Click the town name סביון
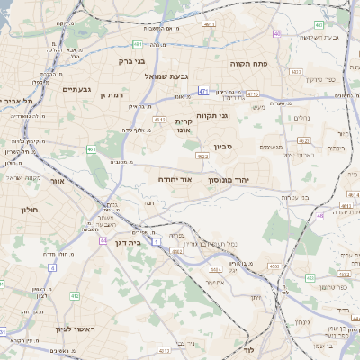coord(223,146)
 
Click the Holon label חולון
coord(28,209)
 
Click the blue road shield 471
coord(204,91)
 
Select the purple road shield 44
coord(103,240)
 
